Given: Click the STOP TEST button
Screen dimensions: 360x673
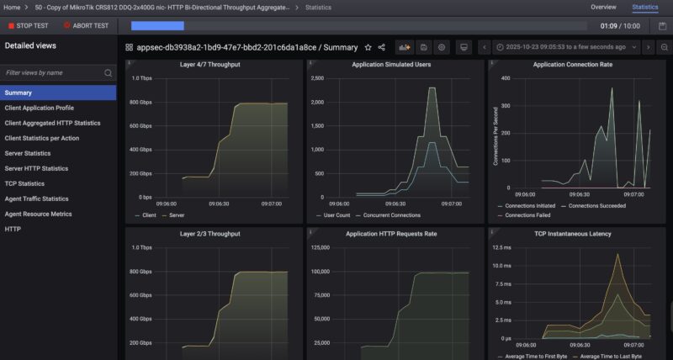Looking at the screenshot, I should coord(31,26).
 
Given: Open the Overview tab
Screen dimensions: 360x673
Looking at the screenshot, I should coord(603,7).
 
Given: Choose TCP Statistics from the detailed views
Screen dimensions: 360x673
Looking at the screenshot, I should coord(25,183).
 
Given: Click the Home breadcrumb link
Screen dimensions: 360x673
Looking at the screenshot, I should coord(11,7).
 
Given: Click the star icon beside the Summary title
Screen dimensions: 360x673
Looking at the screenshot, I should coord(368,48).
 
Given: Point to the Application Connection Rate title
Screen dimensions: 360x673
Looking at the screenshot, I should coord(571,64).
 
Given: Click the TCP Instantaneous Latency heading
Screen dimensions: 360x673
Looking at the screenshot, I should coord(571,233).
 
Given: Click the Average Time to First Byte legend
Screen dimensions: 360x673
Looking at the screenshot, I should coord(536,357).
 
